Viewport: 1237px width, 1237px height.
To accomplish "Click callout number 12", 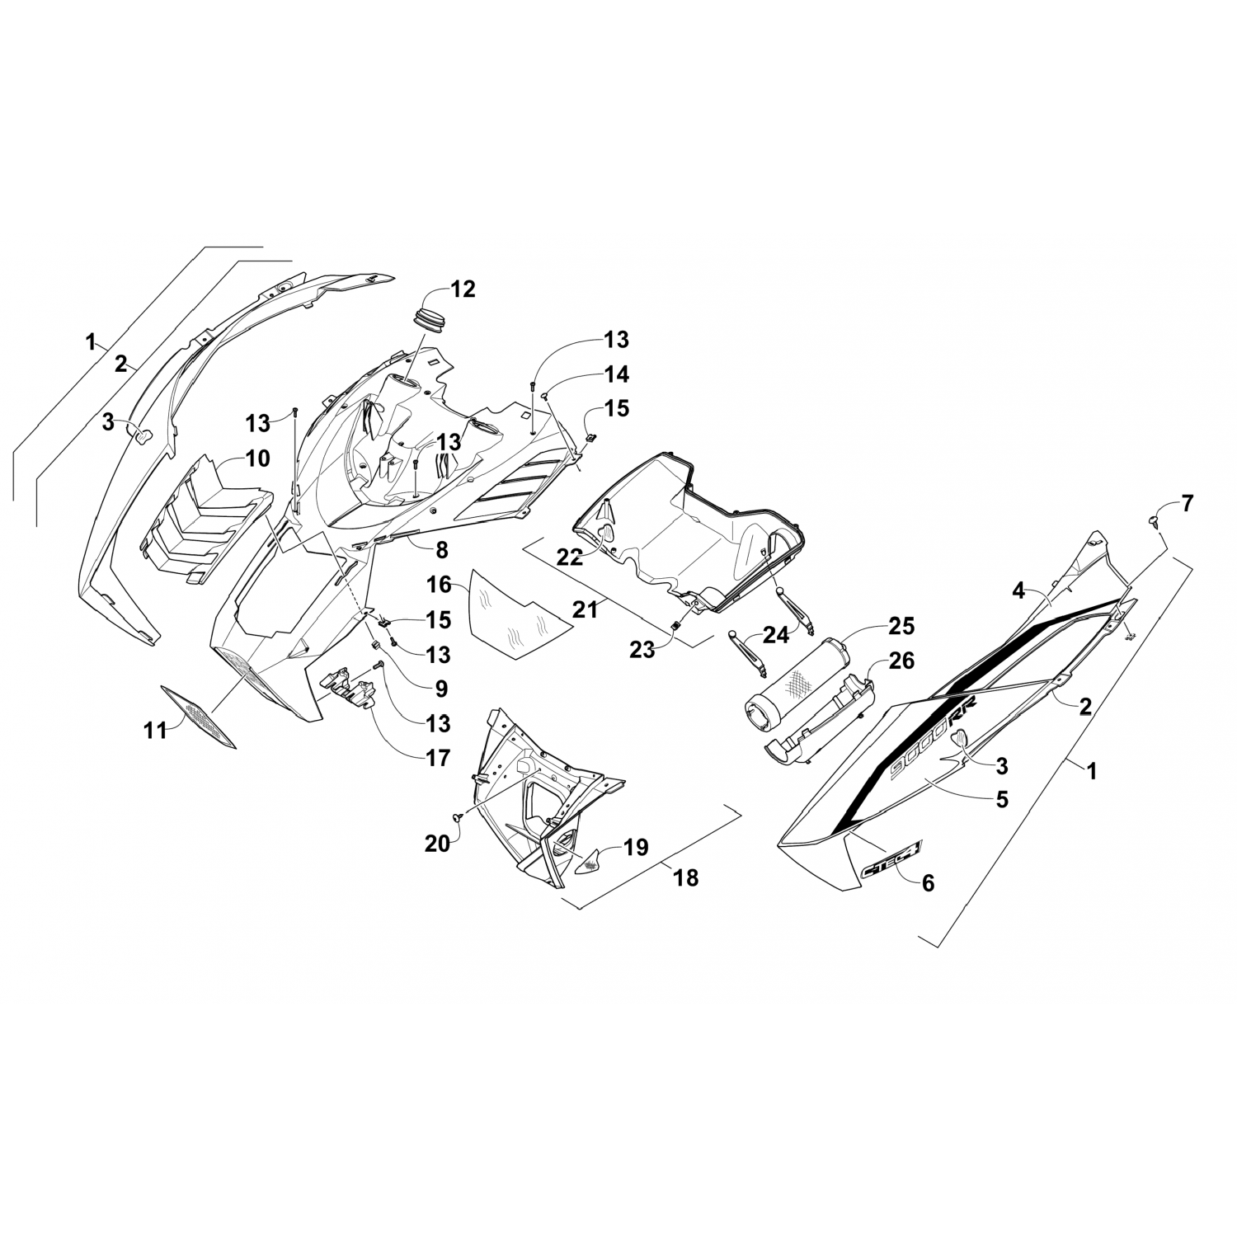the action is click(x=463, y=289).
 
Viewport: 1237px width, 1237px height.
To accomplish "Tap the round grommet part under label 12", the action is click(x=427, y=319).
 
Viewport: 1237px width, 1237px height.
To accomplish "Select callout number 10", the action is click(x=258, y=458).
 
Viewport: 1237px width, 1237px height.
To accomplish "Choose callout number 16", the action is click(x=440, y=585).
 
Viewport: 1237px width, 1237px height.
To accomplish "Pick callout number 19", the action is click(x=636, y=846).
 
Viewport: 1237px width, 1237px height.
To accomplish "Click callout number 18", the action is click(x=685, y=878).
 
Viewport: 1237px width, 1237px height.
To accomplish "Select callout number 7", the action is click(x=1187, y=503).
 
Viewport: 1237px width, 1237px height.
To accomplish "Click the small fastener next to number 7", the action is click(x=1154, y=520).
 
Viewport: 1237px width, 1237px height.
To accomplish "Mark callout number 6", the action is click(x=928, y=882).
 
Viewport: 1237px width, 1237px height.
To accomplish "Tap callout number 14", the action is click(x=616, y=374).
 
